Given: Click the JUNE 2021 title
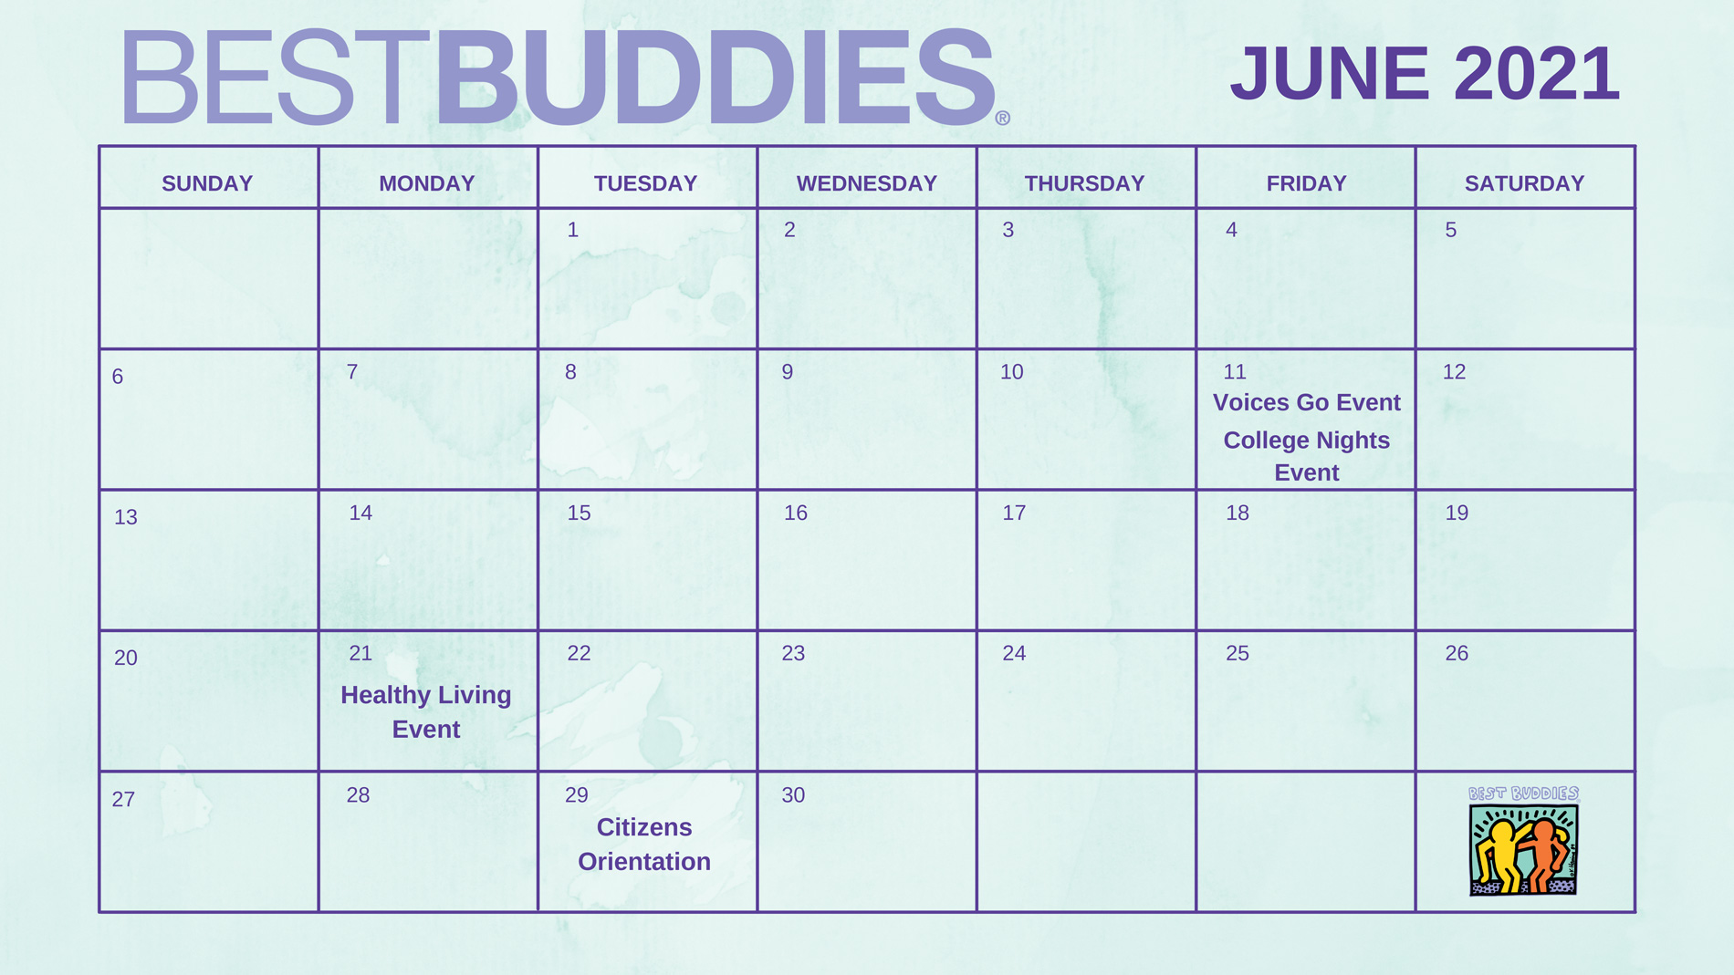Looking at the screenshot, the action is [1425, 73].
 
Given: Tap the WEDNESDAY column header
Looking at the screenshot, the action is [867, 183].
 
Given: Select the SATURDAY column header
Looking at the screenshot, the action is [1524, 183].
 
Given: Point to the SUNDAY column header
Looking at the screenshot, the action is [207, 183].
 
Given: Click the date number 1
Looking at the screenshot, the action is [572, 230].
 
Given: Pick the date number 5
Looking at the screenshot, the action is [1450, 230].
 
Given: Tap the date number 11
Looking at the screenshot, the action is [1235, 372].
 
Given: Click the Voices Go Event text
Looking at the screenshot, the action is [1307, 402].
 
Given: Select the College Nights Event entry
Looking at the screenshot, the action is [1307, 456].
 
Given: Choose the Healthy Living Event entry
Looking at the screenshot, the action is [426, 711].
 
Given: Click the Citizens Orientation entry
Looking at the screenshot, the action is [644, 844].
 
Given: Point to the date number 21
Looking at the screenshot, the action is [360, 653].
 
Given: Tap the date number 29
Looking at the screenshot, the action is [577, 795].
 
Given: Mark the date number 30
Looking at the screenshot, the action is [793, 795].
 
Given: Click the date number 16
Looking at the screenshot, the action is [796, 513].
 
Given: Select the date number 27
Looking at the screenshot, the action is [123, 800].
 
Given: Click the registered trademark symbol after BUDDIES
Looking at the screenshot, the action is [1003, 118].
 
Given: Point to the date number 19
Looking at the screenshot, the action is [1457, 513].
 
